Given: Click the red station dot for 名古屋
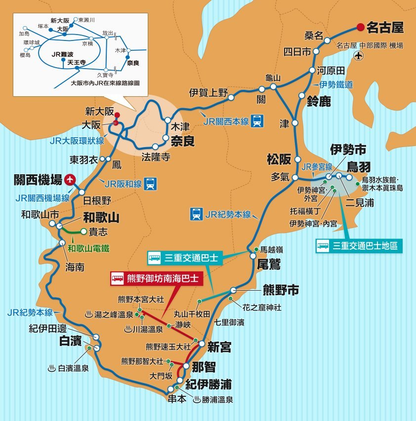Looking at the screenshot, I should [361, 27].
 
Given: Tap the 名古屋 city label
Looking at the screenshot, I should [385, 27].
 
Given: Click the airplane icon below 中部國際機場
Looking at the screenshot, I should [359, 56].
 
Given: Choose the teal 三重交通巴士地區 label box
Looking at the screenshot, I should [358, 245].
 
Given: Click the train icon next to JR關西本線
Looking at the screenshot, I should [257, 120].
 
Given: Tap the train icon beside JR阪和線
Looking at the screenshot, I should [151, 184].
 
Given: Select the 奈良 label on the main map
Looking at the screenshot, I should [182, 140].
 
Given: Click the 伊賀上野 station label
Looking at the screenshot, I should [208, 92].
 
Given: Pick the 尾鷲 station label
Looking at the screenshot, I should [268, 265].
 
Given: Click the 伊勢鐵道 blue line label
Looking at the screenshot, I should [336, 84].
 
